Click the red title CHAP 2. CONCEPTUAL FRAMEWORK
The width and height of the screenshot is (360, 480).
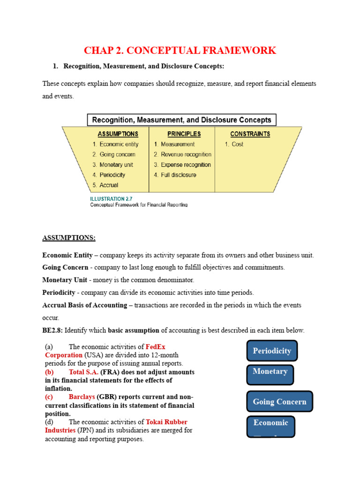pos(180,51)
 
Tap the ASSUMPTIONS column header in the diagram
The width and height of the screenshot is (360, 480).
pos(118,134)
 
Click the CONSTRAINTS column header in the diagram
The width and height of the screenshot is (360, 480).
pos(250,134)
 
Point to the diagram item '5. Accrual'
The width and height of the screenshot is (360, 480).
pos(105,185)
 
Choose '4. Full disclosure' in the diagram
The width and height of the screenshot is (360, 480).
pos(175,175)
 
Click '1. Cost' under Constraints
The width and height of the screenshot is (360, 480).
pos(234,144)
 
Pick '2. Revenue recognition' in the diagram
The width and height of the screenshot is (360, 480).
pos(182,154)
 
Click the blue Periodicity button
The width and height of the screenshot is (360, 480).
pos(272,351)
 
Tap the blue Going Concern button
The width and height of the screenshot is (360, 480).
pos(279,402)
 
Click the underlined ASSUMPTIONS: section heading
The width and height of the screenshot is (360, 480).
pos(69,238)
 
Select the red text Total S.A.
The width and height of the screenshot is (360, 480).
pos(83,372)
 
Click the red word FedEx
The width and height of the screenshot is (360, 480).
pos(156,347)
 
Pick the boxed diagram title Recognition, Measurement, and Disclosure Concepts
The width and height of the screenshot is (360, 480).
pos(182,120)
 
